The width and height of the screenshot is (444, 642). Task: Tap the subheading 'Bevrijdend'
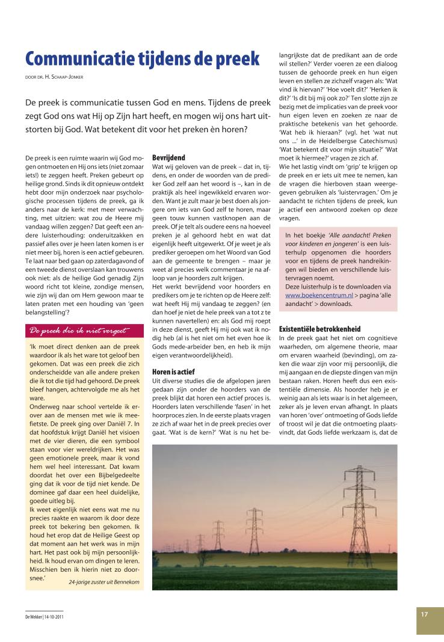[169, 157]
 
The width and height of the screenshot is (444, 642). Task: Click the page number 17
[424, 614]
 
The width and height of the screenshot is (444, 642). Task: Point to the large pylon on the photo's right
[361, 505]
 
